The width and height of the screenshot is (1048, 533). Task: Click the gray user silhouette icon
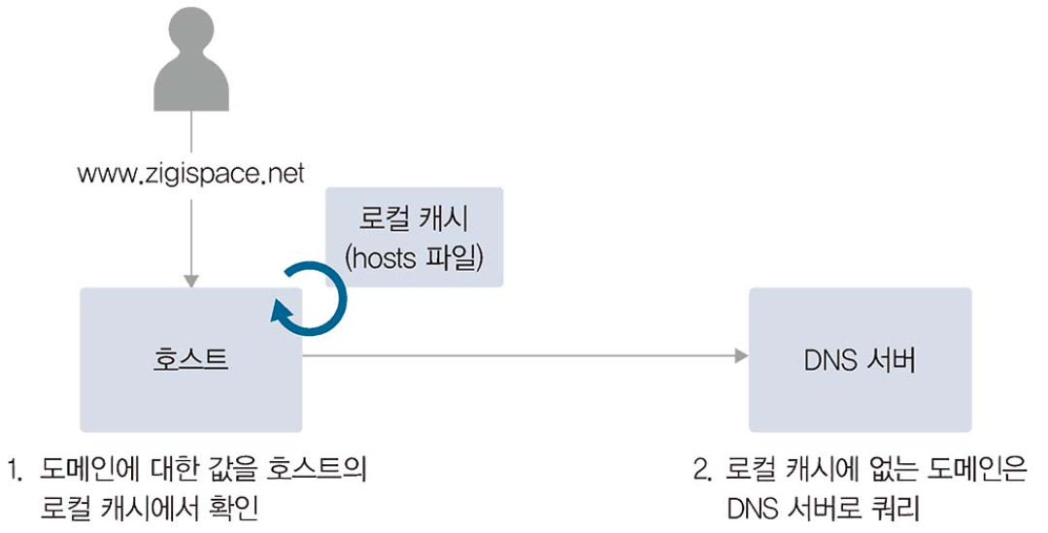tap(191, 68)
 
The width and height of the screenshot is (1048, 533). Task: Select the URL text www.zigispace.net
tap(191, 174)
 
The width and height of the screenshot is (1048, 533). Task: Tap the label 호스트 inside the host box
tap(191, 359)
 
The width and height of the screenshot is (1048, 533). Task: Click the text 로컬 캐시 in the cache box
tap(415, 219)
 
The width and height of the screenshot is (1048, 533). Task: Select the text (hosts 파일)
tap(415, 257)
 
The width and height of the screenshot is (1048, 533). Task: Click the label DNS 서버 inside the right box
tap(860, 359)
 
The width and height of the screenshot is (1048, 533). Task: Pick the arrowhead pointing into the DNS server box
tap(741, 356)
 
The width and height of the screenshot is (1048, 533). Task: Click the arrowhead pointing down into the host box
tap(191, 281)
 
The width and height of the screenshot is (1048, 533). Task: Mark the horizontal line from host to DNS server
tap(515, 356)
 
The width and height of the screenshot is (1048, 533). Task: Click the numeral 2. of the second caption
tap(702, 472)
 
